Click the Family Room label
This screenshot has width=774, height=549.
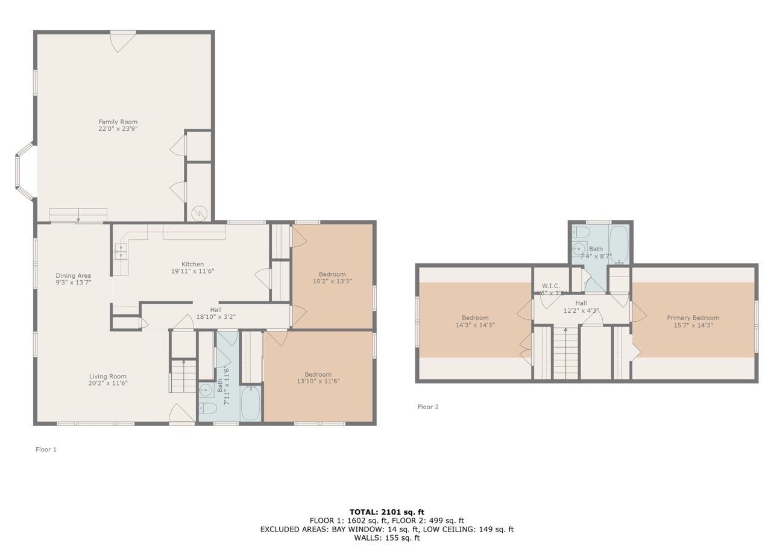point(118,122)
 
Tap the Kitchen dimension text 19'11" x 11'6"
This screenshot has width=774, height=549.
point(192,271)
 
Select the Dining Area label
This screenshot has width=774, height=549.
point(73,276)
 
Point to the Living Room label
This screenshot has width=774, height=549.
point(108,377)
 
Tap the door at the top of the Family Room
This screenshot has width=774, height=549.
point(122,40)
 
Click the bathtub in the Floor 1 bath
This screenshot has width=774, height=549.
point(250,404)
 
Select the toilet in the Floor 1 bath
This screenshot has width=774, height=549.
point(208,409)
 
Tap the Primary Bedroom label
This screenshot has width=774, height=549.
point(693,318)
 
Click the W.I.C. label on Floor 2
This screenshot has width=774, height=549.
point(551,286)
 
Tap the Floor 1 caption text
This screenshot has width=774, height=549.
point(46,450)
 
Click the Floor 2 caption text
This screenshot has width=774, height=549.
point(428,407)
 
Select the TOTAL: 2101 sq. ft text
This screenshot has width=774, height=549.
point(386,512)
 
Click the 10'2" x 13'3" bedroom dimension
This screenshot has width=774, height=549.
point(332,281)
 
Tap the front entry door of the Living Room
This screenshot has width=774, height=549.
point(181,415)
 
